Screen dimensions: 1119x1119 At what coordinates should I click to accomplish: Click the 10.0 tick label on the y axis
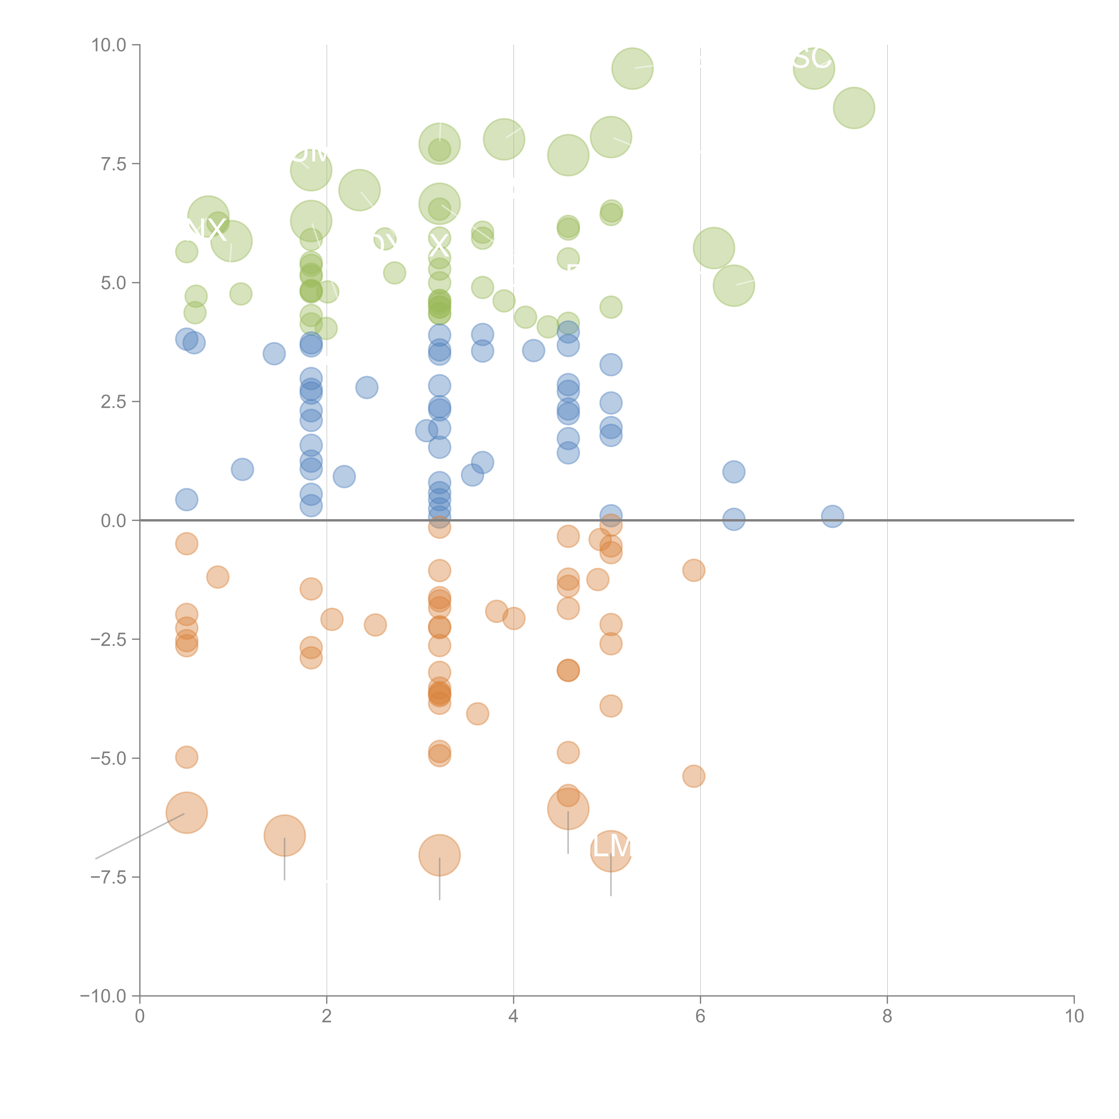coord(109,45)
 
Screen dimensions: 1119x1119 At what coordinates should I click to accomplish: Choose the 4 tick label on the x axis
coord(513,1016)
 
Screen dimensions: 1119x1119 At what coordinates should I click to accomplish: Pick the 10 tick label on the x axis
coord(1074,1016)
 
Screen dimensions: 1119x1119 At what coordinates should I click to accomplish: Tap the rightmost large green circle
coord(854,108)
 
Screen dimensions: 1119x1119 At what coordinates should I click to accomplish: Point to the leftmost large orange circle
coord(186,813)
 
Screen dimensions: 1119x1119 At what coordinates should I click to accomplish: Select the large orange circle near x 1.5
coord(284,835)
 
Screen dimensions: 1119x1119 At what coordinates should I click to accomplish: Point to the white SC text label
coord(812,58)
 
